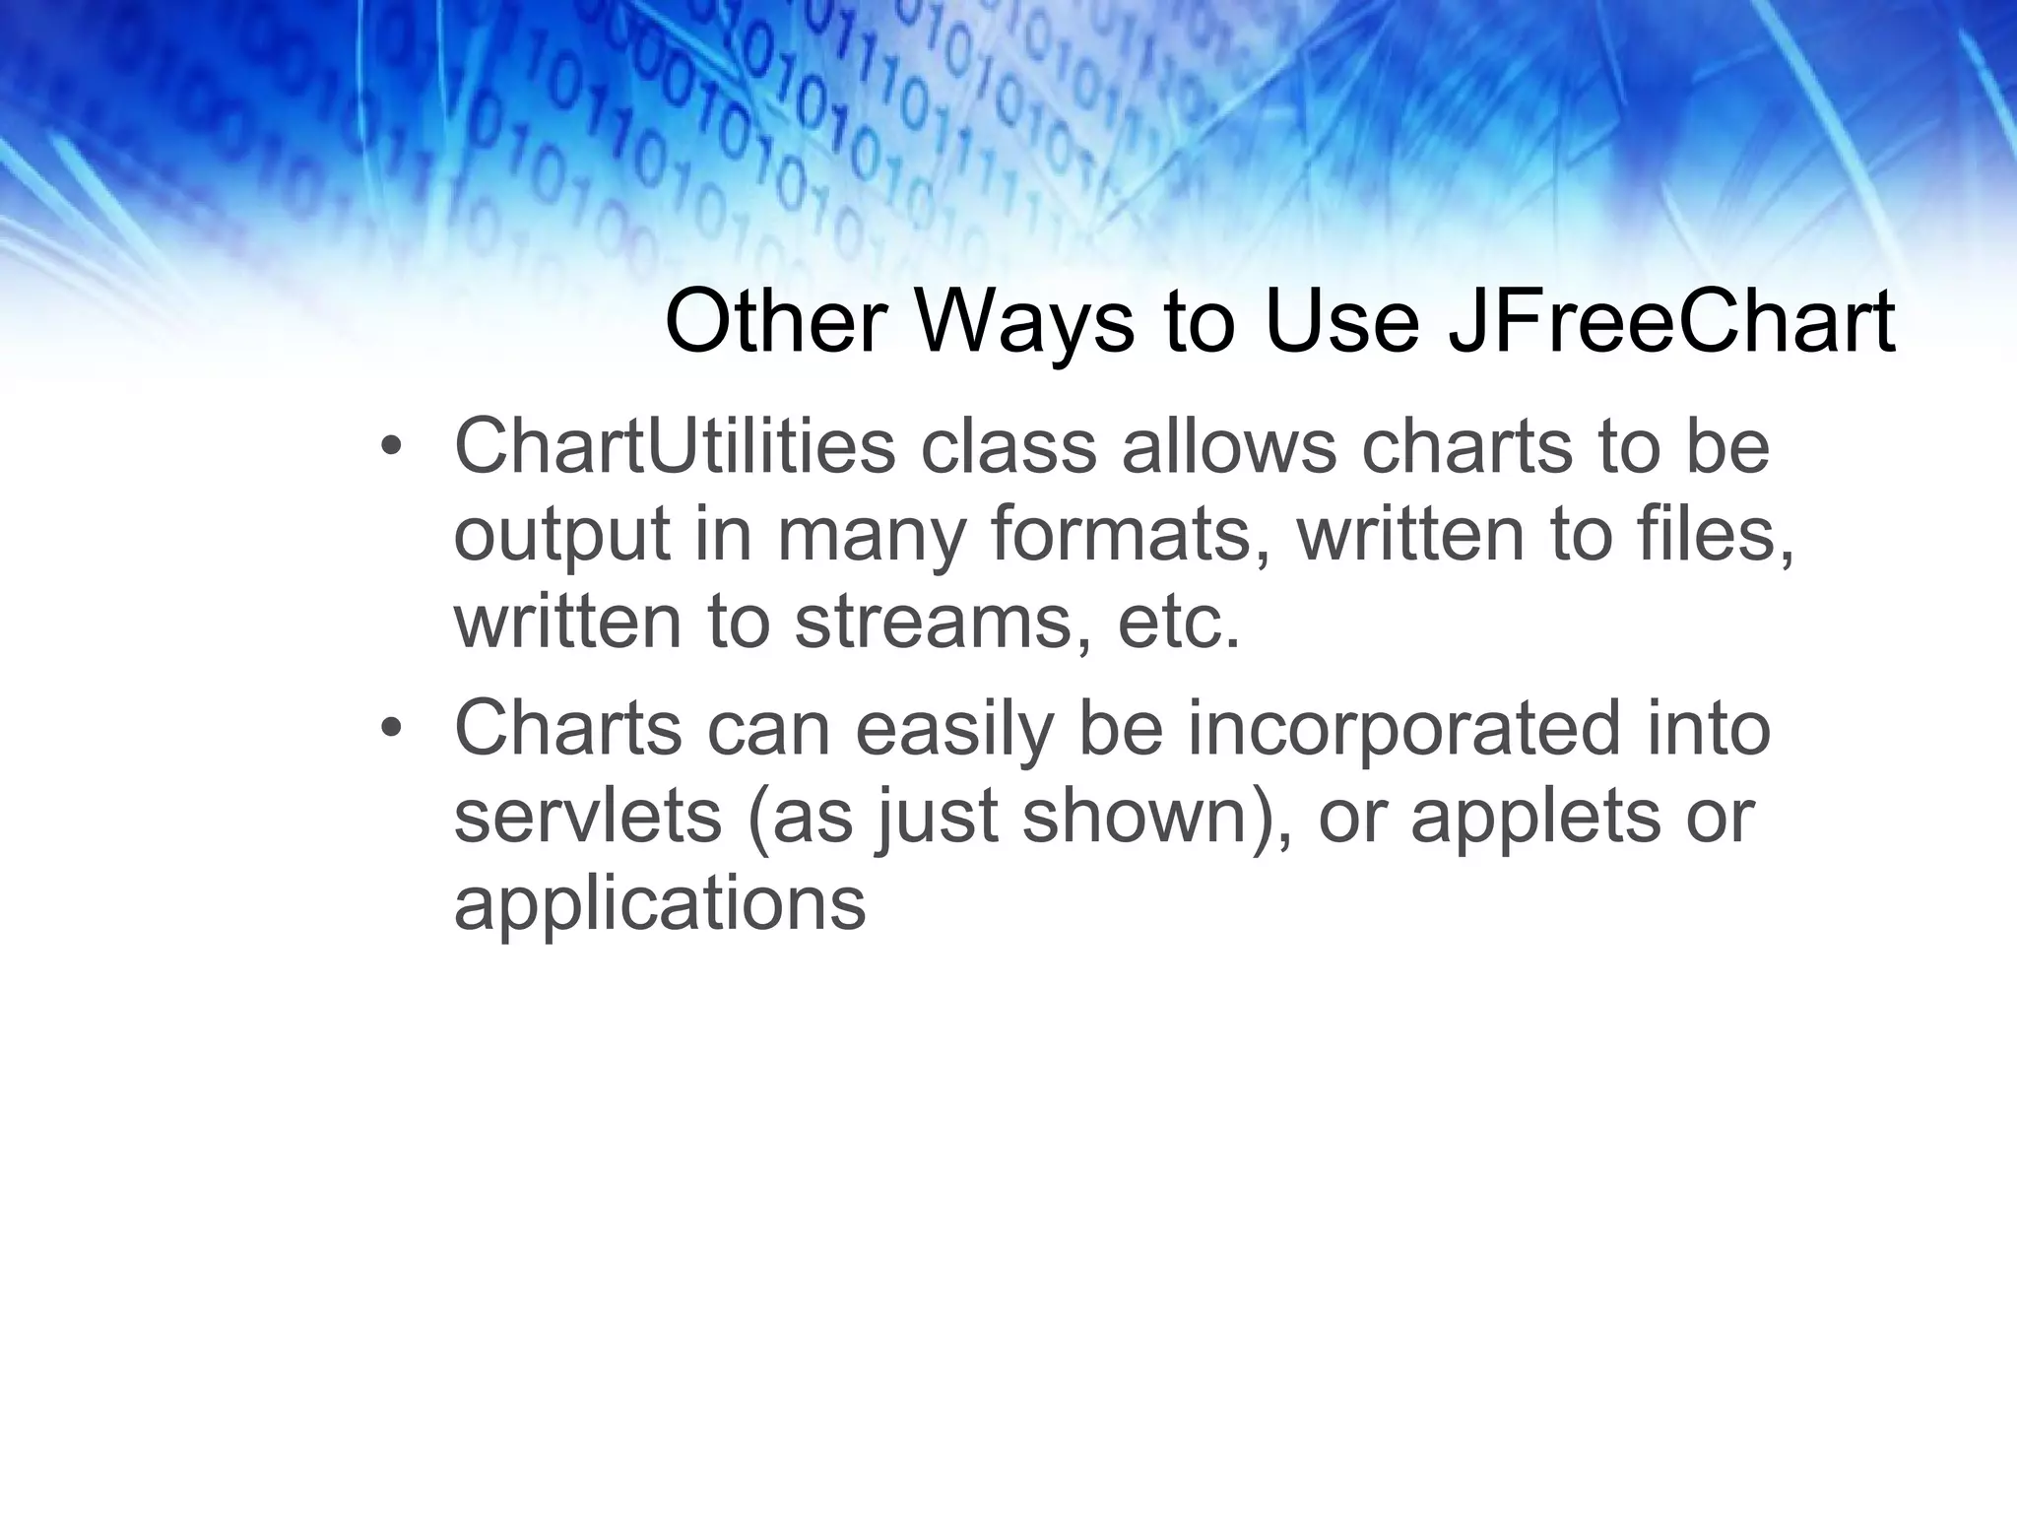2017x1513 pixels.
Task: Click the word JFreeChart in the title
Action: [x=1670, y=321]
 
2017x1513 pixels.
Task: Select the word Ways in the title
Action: [x=1024, y=321]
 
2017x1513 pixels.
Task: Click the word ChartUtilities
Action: [x=675, y=446]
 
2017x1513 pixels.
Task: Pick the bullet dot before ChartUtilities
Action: [x=391, y=448]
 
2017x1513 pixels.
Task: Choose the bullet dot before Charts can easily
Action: [x=391, y=729]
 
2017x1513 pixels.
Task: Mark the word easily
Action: [x=953, y=729]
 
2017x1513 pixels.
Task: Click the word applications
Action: [x=659, y=904]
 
